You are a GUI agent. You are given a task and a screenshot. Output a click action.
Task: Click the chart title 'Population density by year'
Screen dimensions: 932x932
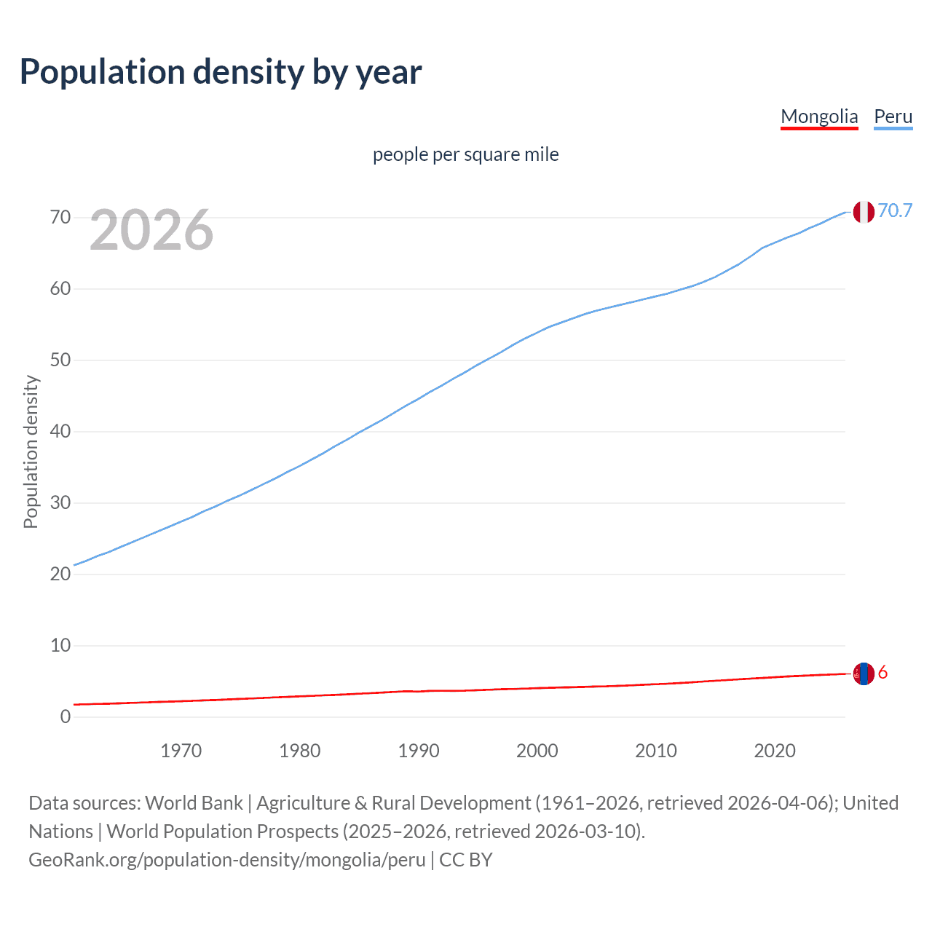click(221, 72)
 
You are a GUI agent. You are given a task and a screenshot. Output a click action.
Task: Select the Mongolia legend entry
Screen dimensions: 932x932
click(819, 116)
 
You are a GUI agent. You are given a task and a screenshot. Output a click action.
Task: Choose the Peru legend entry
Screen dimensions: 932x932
click(893, 116)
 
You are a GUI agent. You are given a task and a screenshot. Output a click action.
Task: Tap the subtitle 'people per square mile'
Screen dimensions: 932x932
click(465, 154)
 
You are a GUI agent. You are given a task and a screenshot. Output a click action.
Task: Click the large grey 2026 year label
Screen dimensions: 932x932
click(151, 230)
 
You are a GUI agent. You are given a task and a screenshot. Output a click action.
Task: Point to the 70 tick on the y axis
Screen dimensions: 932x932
click(60, 218)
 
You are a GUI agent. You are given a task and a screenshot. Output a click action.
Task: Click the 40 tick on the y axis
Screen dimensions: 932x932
click(60, 432)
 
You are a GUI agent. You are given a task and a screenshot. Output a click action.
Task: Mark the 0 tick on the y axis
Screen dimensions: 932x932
click(66, 716)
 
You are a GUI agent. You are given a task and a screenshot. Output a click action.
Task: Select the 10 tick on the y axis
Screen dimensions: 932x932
click(60, 645)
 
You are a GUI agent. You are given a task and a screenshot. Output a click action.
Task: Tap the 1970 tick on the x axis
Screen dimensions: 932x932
click(181, 751)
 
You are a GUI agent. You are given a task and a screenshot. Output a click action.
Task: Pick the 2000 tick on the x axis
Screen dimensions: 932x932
click(537, 751)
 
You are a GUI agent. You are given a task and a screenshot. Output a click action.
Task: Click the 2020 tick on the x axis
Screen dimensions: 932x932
click(775, 751)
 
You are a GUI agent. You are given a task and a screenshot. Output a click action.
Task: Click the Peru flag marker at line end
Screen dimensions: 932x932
click(864, 212)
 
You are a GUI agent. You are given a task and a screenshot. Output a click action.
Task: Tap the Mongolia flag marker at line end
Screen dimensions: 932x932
click(864, 674)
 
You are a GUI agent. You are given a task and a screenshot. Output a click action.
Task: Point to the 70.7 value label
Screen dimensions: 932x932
click(895, 210)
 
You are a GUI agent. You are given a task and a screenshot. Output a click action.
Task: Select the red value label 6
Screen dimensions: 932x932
click(883, 673)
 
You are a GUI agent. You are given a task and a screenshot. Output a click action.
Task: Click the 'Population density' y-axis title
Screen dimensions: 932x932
click(31, 451)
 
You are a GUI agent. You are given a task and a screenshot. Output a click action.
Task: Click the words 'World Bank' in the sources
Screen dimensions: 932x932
click(194, 803)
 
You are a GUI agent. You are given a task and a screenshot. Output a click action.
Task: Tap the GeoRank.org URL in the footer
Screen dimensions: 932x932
click(226, 860)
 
